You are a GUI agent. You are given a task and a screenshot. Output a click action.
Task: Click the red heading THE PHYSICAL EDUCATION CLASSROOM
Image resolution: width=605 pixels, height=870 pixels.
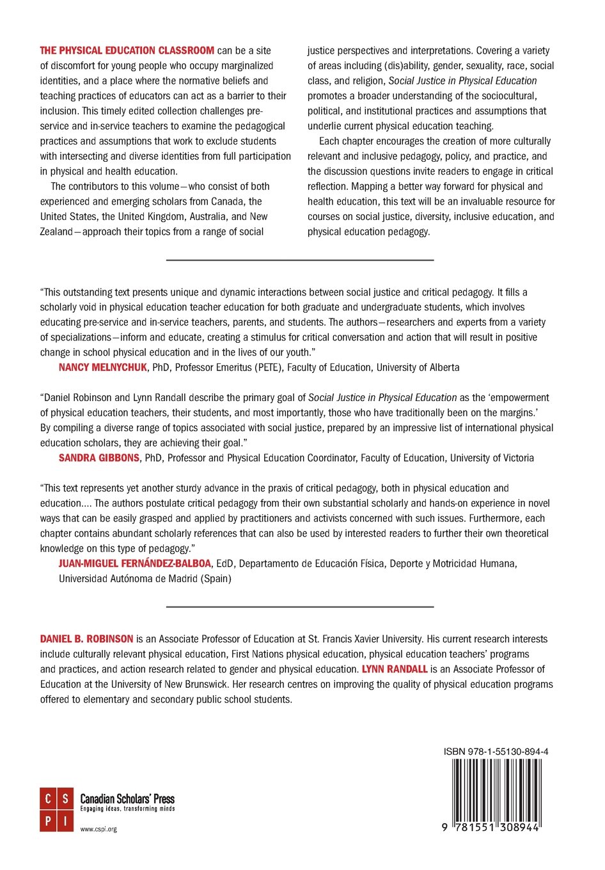click(x=127, y=51)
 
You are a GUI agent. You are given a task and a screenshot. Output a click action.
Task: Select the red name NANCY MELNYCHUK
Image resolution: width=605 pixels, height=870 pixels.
click(x=102, y=367)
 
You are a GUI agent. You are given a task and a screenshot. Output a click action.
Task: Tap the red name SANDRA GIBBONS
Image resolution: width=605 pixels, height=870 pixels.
click(x=98, y=458)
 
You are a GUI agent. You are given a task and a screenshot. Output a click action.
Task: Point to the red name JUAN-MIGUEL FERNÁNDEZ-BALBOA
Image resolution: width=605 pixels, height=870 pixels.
click(x=134, y=564)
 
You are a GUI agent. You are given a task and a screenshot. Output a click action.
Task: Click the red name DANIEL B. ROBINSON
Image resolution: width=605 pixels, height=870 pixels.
click(x=86, y=639)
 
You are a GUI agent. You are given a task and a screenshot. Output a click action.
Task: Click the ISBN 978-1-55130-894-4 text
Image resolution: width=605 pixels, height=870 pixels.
click(x=496, y=752)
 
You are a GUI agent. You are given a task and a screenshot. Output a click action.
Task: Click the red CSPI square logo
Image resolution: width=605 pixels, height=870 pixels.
click(x=56, y=809)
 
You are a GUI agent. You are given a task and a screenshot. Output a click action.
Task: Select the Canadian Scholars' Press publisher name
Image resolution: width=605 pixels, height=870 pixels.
click(x=127, y=798)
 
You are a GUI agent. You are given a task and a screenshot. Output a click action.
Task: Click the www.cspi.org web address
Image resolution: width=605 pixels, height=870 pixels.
click(x=98, y=829)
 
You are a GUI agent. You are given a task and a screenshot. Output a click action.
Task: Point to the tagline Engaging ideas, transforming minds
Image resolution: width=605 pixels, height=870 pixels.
click(x=127, y=809)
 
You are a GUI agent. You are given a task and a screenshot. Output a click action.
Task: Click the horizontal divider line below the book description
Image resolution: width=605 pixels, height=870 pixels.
click(x=299, y=260)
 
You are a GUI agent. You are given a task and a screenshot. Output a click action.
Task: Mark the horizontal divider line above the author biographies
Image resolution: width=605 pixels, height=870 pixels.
click(x=299, y=606)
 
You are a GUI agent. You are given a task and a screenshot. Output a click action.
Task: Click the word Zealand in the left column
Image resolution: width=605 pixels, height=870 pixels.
click(x=56, y=232)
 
